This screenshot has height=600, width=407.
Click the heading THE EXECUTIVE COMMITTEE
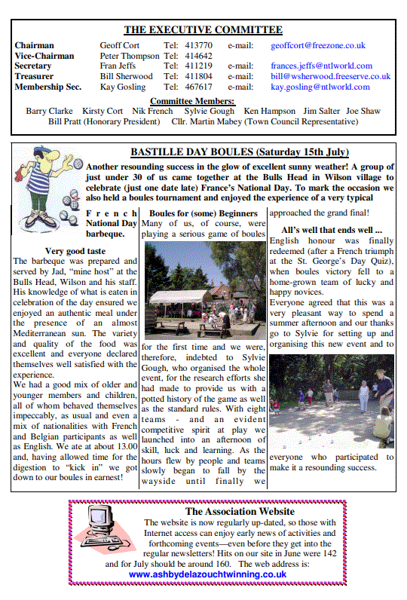pos(203,30)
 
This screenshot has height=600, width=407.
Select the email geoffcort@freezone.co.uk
pos(317,46)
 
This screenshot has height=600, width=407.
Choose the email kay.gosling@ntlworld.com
pos(320,87)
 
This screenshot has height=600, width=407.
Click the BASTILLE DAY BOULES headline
pos(237,152)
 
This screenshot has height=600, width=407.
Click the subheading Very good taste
pos(75,250)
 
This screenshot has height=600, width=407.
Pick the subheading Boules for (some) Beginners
pos(203,213)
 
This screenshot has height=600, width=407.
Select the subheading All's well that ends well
pos(332,229)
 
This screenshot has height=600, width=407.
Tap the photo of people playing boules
pos(331,401)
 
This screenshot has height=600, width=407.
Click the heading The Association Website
pos(234,512)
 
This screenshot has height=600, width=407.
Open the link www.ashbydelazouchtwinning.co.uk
pos(207,574)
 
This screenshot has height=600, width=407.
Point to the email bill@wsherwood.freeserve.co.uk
pos(330,77)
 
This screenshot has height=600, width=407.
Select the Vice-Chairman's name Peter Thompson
pos(129,57)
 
